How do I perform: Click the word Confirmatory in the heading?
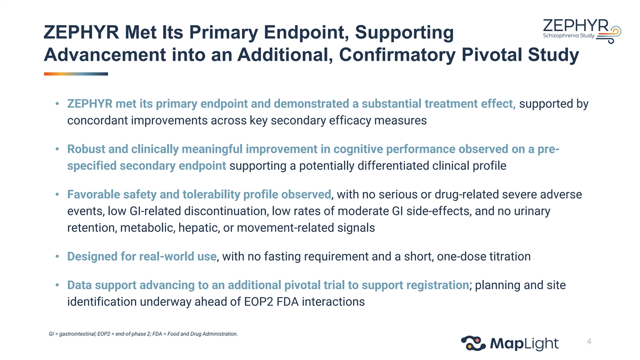pos(397,55)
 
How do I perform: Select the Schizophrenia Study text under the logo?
pos(569,36)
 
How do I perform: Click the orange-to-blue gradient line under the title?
pos(76,74)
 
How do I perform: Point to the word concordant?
pos(98,121)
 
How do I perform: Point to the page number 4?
pos(589,341)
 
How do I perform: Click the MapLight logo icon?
pos(473,343)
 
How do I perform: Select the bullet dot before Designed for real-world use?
pos(57,257)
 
